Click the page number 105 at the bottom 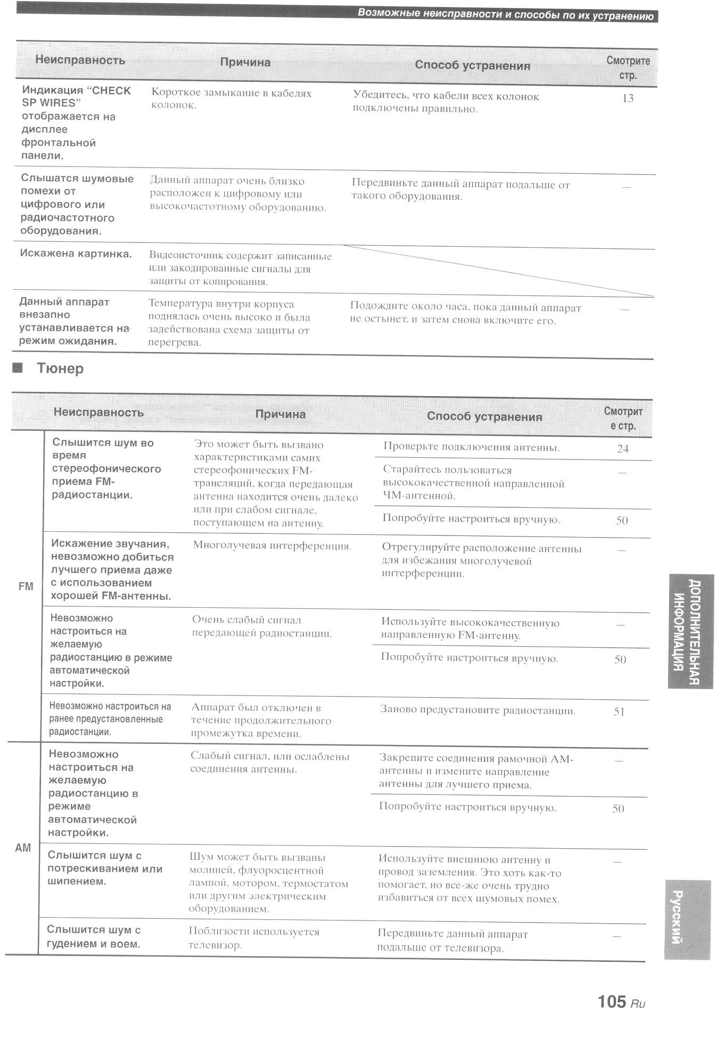click(612, 1001)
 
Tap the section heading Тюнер click(60, 369)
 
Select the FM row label click(26, 587)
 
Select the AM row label click(23, 848)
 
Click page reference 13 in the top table click(628, 98)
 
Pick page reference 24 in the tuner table click(622, 449)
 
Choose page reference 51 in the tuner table click(619, 711)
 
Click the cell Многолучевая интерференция click(272, 546)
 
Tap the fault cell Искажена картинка click(76, 254)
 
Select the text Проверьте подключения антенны click(471, 447)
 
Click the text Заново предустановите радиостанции click(478, 710)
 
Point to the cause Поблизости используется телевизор click(254, 938)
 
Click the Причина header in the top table click(245, 63)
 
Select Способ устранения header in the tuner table click(484, 417)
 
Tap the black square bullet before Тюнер click(18, 367)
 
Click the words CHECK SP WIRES click(76, 96)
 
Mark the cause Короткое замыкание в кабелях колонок click(231, 99)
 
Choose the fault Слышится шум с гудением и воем click(94, 937)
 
